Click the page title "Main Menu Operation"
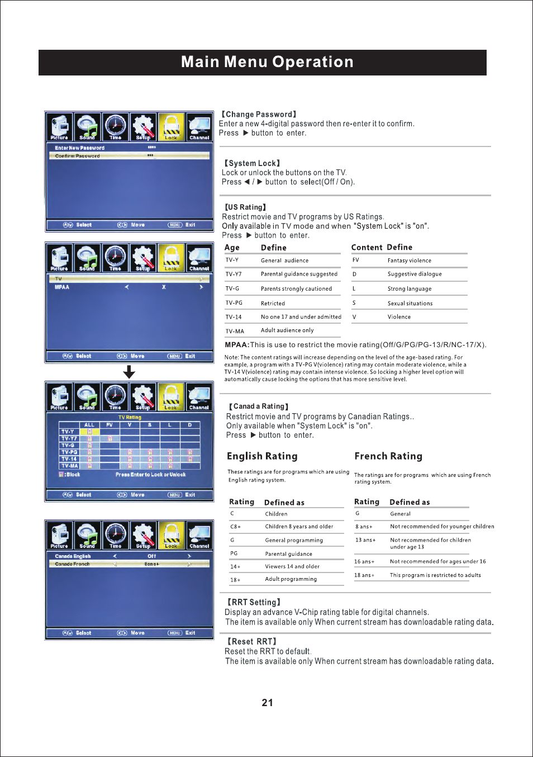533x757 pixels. (267, 62)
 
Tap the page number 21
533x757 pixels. (267, 703)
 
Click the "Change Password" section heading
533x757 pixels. (259, 114)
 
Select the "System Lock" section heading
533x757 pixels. (252, 163)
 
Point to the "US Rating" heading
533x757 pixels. (245, 207)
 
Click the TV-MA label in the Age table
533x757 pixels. (235, 331)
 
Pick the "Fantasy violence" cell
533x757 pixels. (409, 261)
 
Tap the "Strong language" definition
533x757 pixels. (409, 289)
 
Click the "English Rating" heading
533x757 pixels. (262, 456)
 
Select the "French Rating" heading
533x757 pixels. (388, 456)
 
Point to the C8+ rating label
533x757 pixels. (235, 527)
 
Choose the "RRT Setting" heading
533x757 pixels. (254, 602)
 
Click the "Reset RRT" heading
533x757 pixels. (251, 641)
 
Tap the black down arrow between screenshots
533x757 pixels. (129, 372)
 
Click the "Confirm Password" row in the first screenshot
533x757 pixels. (78, 156)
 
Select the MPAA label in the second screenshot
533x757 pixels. (62, 287)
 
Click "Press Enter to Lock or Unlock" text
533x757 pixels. (150, 475)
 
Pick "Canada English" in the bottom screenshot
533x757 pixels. (73, 556)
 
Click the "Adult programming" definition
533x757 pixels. (291, 579)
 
